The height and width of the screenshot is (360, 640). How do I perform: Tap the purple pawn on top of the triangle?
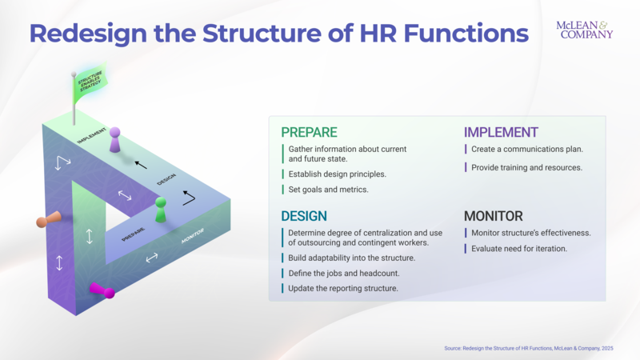[115, 140]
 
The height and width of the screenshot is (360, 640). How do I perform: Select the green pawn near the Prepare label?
[161, 210]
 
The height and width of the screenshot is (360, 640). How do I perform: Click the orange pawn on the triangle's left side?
[47, 220]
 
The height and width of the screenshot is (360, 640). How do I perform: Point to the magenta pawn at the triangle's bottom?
[102, 290]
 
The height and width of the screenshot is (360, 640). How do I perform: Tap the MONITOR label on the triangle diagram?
[193, 236]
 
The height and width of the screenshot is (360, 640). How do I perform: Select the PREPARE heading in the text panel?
[309, 133]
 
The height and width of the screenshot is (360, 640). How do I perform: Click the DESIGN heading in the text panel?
[303, 216]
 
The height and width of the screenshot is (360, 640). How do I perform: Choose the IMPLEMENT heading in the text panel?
[501, 133]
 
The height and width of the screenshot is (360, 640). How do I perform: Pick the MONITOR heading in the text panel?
[494, 216]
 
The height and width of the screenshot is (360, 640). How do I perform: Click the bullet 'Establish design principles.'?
[337, 174]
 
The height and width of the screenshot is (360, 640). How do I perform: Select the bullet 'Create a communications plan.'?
[526, 150]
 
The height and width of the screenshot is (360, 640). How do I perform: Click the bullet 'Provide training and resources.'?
[526, 167]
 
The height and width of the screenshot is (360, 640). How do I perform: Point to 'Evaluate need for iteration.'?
[520, 249]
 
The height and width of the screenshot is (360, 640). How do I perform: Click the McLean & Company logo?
[584, 30]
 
